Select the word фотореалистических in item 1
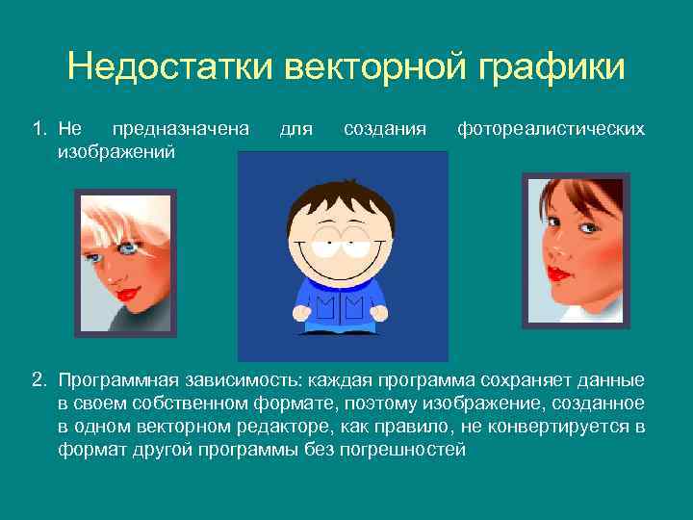[551, 128]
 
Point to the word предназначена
[180, 128]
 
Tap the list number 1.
[38, 128]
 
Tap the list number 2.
[38, 380]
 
